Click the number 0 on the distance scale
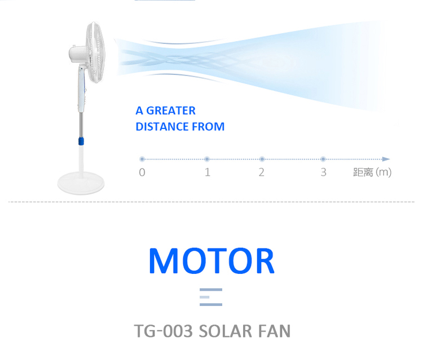tap(142, 172)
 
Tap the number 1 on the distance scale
tap(207, 172)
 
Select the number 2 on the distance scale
tap(261, 172)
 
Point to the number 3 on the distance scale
tap(324, 172)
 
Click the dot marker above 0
tap(142, 159)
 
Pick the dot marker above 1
tap(207, 159)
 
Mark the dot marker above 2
tap(262, 159)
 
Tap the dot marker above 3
tap(323, 159)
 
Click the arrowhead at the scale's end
tap(386, 159)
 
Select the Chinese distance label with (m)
tap(372, 172)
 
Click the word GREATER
tap(171, 111)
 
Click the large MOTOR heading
tap(211, 261)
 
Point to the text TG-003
tap(163, 331)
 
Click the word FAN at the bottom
tap(274, 331)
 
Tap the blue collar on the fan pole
tap(81, 141)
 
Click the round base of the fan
tap(81, 183)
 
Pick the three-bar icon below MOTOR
tap(211, 297)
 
